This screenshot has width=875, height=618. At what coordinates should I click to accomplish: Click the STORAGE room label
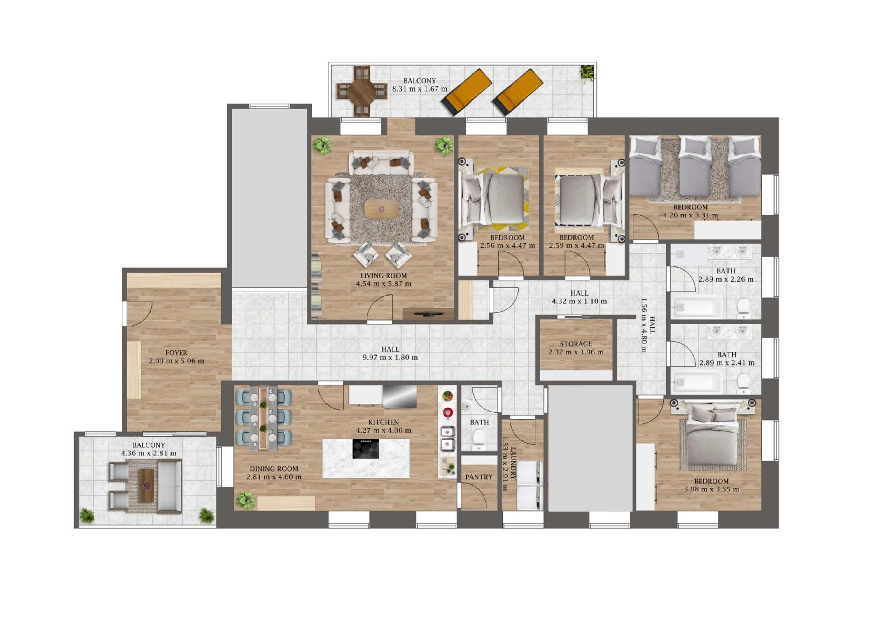point(576,344)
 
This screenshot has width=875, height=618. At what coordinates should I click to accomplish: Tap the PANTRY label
point(479,477)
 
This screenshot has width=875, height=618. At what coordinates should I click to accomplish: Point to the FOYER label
point(176,353)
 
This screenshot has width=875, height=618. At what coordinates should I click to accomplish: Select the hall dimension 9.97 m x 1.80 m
point(390,358)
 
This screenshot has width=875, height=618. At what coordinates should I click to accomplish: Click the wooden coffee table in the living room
point(381,209)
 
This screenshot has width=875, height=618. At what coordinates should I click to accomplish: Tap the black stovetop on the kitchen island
point(366,449)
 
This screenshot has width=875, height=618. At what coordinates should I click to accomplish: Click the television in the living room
point(429,314)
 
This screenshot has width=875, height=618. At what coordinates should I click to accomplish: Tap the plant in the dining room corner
point(245,500)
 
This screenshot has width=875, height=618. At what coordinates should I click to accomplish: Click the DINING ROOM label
point(274,469)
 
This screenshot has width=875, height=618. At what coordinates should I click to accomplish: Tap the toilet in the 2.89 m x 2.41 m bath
point(743,383)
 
